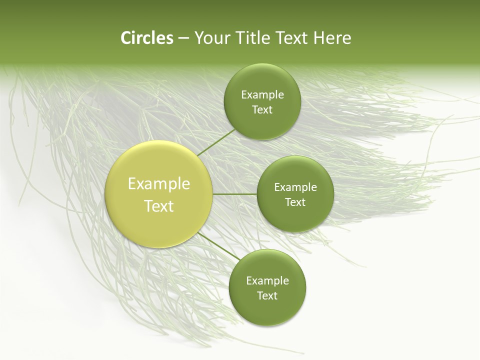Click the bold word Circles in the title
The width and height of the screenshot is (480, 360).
coord(147,38)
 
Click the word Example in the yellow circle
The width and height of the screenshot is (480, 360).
coord(159,184)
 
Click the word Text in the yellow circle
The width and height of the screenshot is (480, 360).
coord(159,206)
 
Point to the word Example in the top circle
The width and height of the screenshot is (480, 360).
coord(262,95)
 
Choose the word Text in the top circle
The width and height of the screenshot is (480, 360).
coord(262,110)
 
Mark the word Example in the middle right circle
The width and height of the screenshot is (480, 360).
coord(295,187)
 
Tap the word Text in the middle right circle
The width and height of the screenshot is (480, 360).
coord(295,202)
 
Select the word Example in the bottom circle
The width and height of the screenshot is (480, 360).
coord(267,281)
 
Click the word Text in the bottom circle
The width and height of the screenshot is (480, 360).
coord(267,296)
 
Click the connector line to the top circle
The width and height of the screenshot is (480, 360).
coord(216,141)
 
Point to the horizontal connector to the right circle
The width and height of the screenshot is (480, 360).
coord(234,194)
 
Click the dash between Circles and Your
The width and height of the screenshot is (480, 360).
coord(183,38)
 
